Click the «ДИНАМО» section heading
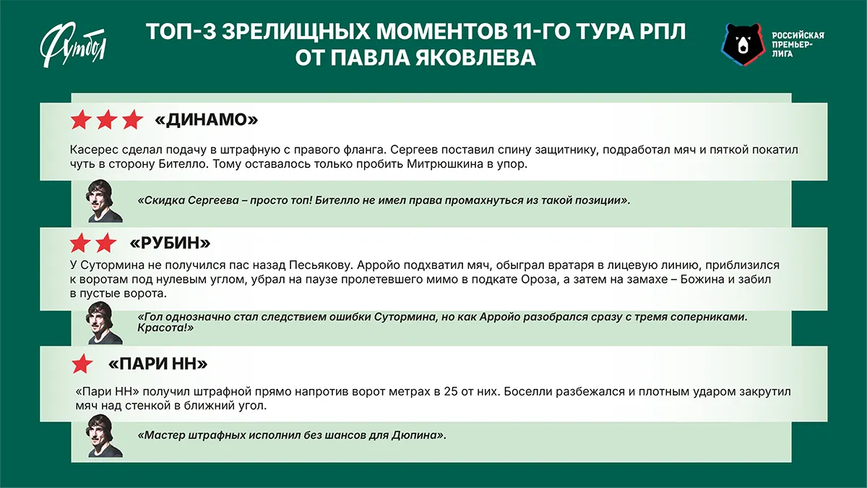(x=206, y=120)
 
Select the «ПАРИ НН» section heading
(x=158, y=364)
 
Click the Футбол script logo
(x=73, y=45)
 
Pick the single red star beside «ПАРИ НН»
(x=82, y=364)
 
